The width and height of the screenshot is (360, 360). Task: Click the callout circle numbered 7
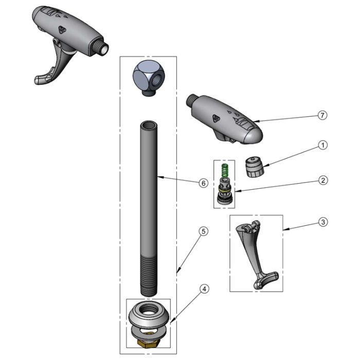pos(322,115)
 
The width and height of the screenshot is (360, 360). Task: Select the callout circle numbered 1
pos(323,145)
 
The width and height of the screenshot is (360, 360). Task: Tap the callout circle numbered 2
pos(323,180)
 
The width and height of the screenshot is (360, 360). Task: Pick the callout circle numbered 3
pos(323,222)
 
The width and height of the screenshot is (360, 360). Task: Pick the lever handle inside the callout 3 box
pos(257,254)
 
